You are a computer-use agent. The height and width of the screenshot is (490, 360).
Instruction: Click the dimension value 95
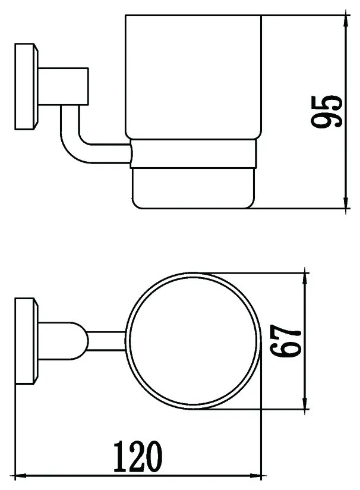327,111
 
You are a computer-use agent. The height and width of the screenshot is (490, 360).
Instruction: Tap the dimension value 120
138,457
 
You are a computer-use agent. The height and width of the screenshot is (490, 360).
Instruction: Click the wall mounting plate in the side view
26,87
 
